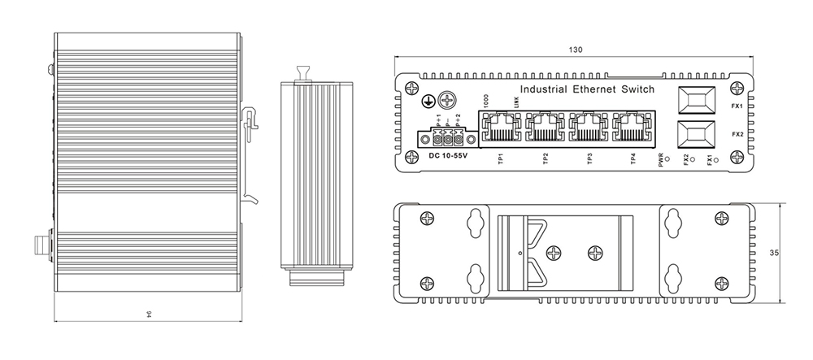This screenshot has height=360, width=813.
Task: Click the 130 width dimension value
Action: (576, 50)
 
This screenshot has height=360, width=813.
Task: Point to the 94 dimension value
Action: (149, 315)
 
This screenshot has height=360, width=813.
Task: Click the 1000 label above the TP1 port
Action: (485, 102)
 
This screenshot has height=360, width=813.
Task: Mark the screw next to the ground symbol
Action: (447, 101)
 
